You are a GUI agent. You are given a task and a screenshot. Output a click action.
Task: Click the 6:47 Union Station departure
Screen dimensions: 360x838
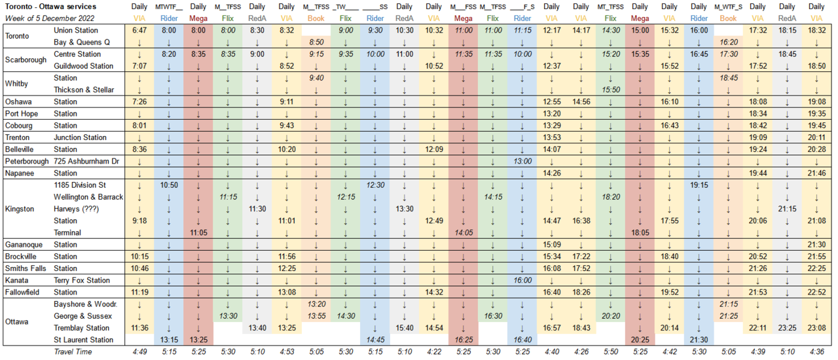point(139,30)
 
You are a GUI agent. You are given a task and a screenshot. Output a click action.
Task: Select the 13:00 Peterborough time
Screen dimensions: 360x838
point(522,161)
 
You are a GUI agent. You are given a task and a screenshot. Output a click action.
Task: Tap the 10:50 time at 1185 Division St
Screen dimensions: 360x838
point(168,185)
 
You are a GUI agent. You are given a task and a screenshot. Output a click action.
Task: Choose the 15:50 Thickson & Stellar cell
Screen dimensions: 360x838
point(610,90)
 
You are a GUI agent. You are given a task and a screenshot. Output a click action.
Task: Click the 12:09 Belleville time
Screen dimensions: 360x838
point(434,149)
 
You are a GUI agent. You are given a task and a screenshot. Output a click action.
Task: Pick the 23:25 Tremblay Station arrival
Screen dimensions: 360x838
point(788,328)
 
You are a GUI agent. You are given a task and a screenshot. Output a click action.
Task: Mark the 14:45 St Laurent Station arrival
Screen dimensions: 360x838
point(375,340)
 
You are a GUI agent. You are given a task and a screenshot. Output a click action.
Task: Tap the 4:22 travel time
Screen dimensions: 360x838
point(434,352)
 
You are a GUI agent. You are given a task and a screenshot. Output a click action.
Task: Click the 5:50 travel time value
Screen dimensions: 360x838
point(610,352)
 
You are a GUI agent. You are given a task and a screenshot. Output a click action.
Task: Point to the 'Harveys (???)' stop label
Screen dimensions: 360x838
point(76,209)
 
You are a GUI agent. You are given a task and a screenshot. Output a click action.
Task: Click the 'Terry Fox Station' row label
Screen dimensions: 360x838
point(82,280)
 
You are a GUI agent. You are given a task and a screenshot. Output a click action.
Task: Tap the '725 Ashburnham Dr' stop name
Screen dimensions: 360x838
point(88,161)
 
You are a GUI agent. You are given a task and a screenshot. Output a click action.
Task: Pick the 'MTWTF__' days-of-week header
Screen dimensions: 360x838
point(168,7)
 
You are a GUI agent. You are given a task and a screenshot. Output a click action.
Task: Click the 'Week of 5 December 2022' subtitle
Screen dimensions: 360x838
point(48,18)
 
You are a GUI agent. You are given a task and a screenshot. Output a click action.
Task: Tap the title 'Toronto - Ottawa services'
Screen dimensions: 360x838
point(50,6)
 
